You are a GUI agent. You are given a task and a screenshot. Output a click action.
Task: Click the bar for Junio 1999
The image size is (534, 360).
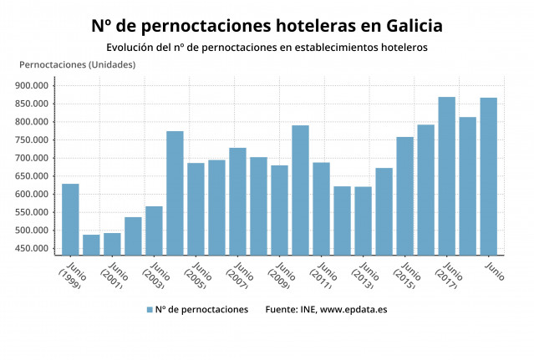pyautogui.click(x=70, y=219)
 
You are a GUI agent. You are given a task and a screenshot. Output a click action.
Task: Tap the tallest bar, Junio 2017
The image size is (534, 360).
pyautogui.click(x=446, y=175)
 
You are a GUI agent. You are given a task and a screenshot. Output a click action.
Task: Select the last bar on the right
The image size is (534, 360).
pyautogui.click(x=488, y=176)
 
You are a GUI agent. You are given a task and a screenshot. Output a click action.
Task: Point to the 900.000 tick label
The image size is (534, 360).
pyautogui.click(x=33, y=85)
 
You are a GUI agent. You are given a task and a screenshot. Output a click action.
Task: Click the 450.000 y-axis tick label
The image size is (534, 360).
pyautogui.click(x=33, y=249)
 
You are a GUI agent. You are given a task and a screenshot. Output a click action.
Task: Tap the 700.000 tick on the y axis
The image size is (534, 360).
pyautogui.click(x=33, y=158)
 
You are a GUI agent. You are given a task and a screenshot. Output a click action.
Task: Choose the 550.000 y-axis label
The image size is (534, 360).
pyautogui.click(x=33, y=212)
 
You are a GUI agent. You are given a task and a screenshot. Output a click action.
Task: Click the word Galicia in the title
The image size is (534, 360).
pyautogui.click(x=409, y=26)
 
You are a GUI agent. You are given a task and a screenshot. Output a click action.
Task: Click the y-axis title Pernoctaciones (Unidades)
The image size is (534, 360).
pyautogui.click(x=77, y=65)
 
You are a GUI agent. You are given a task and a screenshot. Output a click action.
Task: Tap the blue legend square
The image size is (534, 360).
pyautogui.click(x=150, y=309)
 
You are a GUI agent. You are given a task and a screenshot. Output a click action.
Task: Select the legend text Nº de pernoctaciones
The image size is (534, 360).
pyautogui.click(x=201, y=309)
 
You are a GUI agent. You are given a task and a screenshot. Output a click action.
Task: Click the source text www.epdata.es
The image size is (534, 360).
pyautogui.click(x=353, y=309)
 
